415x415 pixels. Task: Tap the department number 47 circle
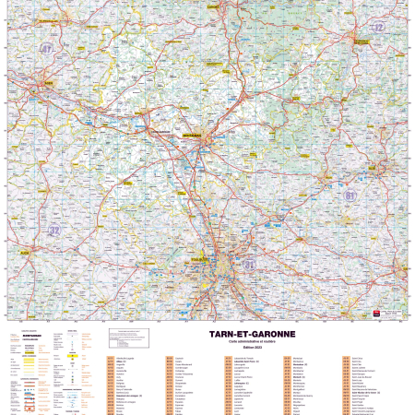[x=47, y=47]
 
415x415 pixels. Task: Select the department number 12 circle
[x=376, y=28]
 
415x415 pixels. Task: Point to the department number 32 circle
[x=54, y=230]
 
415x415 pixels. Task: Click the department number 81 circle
[x=350, y=196]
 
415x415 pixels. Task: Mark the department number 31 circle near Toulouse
[x=249, y=265]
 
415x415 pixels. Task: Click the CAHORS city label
[x=214, y=6]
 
